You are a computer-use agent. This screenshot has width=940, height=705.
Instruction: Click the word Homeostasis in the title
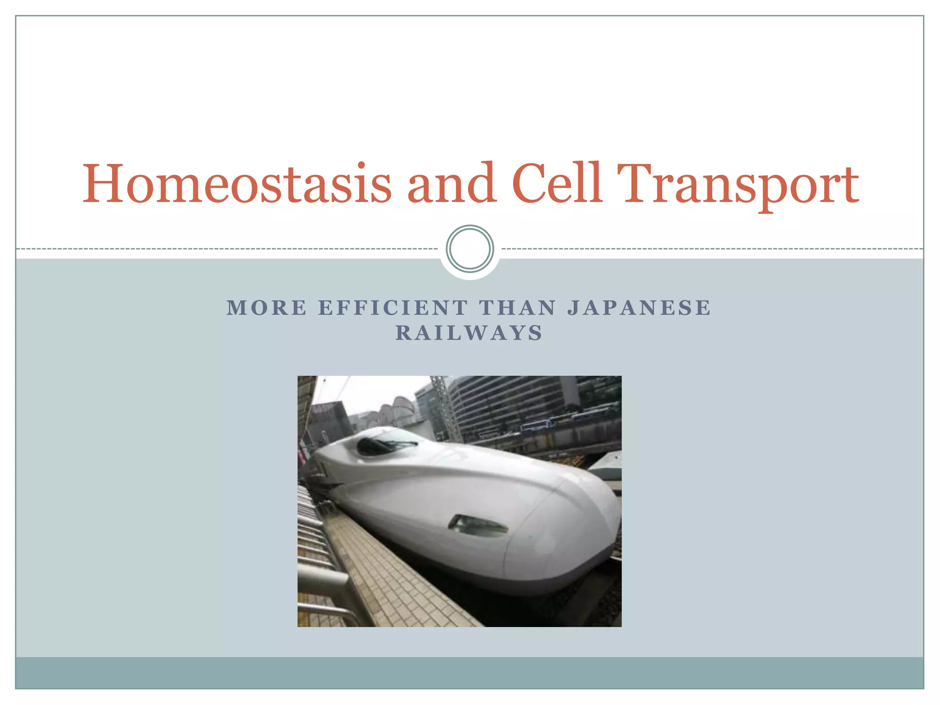click(236, 184)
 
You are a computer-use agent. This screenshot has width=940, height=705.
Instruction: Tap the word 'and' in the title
click(452, 184)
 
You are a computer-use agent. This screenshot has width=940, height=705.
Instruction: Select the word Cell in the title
click(556, 184)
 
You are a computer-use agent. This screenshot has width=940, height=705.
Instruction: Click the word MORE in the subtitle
click(267, 308)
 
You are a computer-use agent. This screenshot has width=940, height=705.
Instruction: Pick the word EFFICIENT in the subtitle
click(393, 308)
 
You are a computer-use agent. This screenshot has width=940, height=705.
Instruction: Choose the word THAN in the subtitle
click(518, 308)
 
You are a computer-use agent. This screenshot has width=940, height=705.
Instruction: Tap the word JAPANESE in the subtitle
click(639, 308)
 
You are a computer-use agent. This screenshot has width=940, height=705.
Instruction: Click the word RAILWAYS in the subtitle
click(469, 333)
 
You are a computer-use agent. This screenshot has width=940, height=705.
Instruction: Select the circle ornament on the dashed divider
click(470, 249)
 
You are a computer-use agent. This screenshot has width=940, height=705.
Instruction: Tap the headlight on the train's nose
click(477, 526)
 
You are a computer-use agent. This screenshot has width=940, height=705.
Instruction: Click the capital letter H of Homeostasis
click(103, 184)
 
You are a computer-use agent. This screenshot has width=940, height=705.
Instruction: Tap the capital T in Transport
click(636, 184)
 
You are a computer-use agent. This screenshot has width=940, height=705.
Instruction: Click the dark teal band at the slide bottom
click(470, 673)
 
